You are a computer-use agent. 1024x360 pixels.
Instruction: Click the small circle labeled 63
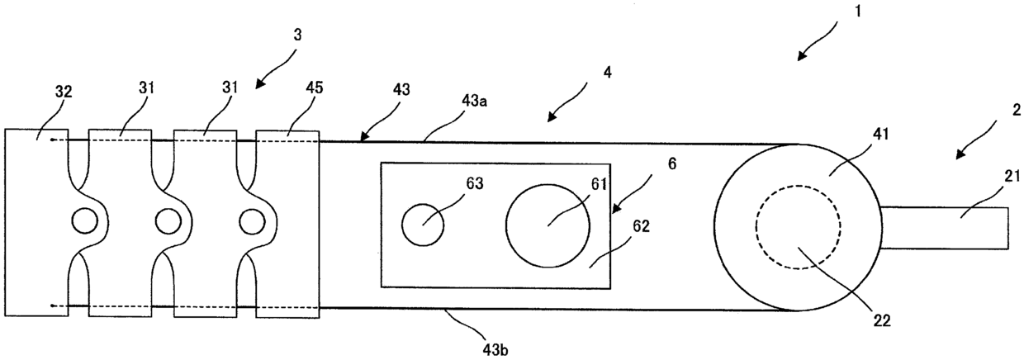422,224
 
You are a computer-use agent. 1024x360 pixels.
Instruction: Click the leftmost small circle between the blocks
83,221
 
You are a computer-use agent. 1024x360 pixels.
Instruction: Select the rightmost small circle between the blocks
250,221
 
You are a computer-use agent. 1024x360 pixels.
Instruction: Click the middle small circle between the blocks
167,221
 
